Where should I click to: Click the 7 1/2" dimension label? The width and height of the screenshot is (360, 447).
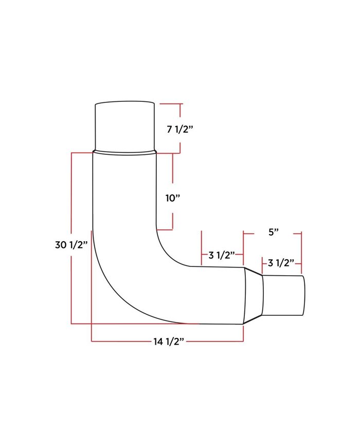179,130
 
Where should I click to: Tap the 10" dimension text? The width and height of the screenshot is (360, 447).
173,198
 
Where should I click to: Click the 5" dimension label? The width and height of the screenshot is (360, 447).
273,232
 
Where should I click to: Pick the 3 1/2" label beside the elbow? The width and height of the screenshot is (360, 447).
222,255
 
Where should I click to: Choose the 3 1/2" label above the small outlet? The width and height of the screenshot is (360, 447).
281,263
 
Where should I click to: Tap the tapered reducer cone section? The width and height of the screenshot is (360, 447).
254,295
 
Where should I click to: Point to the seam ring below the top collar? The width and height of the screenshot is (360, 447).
124,152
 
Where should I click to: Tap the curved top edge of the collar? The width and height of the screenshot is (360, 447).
125,101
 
